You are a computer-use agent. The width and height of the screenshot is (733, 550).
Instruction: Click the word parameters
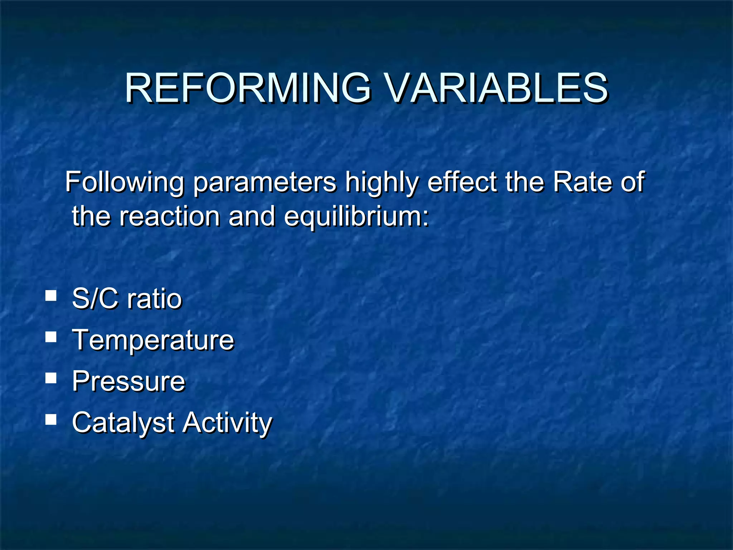(x=265, y=183)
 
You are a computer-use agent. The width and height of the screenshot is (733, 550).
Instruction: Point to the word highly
(x=382, y=183)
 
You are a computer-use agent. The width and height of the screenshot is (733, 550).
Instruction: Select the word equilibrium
(x=356, y=217)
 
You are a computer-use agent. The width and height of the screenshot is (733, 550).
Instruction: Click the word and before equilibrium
(x=252, y=216)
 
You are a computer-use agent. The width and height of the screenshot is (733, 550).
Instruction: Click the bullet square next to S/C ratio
(x=51, y=296)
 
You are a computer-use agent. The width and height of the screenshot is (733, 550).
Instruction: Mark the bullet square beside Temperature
(x=51, y=337)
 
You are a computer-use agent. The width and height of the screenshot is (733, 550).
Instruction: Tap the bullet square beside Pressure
(x=51, y=378)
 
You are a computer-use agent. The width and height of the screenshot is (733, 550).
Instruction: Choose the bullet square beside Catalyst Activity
(x=51, y=419)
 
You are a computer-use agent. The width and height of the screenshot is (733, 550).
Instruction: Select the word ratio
(x=155, y=299)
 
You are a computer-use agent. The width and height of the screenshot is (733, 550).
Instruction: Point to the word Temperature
(x=153, y=340)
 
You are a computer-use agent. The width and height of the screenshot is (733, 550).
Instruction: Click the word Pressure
(x=128, y=381)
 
